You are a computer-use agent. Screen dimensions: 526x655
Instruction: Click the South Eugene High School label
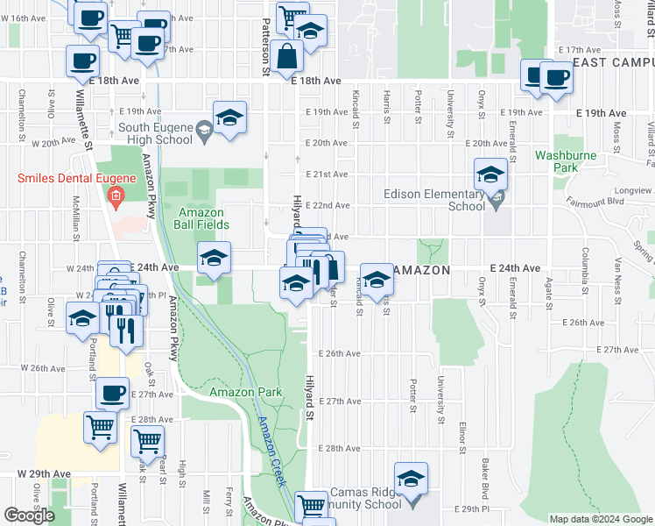[x=155, y=133]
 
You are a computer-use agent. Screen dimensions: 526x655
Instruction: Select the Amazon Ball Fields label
[x=204, y=218]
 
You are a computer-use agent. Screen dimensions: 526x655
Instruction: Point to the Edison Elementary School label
[x=433, y=200]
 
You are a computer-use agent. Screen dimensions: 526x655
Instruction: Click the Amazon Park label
[x=246, y=392]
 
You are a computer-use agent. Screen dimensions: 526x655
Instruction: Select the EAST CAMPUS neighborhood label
[x=613, y=63]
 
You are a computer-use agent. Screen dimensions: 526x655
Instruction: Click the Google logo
[x=30, y=515]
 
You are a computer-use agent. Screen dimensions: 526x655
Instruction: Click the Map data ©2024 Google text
[x=600, y=518]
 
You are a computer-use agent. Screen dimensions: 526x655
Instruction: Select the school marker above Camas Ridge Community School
[x=411, y=479]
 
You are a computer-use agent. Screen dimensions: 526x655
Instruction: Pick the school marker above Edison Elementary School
[x=491, y=173]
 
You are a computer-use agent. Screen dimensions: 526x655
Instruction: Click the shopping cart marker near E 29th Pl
[x=311, y=506]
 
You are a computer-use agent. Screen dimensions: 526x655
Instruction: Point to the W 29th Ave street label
[x=44, y=473]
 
